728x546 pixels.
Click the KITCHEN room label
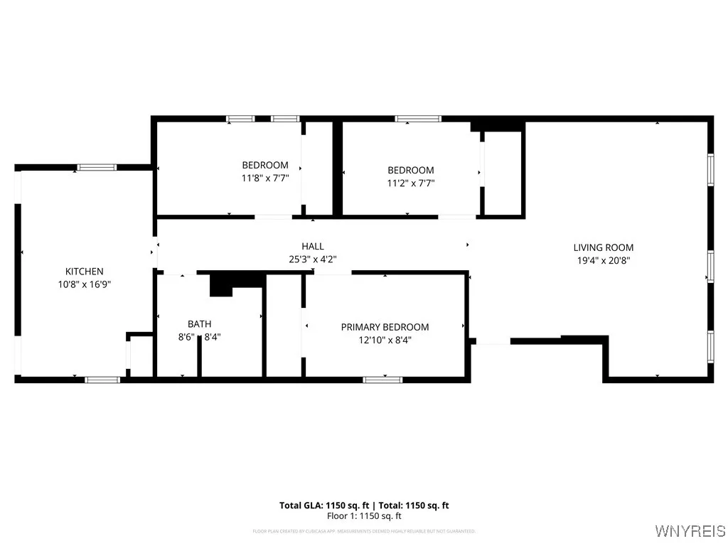pyautogui.click(x=85, y=271)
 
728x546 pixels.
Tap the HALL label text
pyautogui.click(x=313, y=246)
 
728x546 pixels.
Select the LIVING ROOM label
pyautogui.click(x=604, y=247)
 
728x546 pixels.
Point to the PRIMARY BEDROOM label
pyautogui.click(x=385, y=327)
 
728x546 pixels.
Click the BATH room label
pyautogui.click(x=199, y=324)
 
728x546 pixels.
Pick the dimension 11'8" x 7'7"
pyautogui.click(x=265, y=178)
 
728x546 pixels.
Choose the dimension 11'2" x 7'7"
pyautogui.click(x=410, y=183)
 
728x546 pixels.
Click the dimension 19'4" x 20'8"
pyautogui.click(x=604, y=260)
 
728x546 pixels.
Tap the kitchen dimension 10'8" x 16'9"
pyautogui.click(x=85, y=284)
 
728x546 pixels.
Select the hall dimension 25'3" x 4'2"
pyautogui.click(x=313, y=259)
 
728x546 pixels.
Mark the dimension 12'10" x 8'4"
pyautogui.click(x=385, y=340)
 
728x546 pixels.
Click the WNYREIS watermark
pyautogui.click(x=690, y=531)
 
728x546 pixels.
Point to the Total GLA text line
pyautogui.click(x=364, y=505)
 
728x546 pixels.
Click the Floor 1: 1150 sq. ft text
pyautogui.click(x=364, y=516)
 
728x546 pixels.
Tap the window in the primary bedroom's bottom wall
pyautogui.click(x=383, y=380)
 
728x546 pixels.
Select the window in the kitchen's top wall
pyautogui.click(x=97, y=167)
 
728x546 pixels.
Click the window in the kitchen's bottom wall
pyautogui.click(x=102, y=380)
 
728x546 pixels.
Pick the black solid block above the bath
pyautogui.click(x=222, y=284)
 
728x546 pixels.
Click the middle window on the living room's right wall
pyautogui.click(x=710, y=267)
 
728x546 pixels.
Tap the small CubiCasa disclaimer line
pyautogui.click(x=364, y=531)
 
